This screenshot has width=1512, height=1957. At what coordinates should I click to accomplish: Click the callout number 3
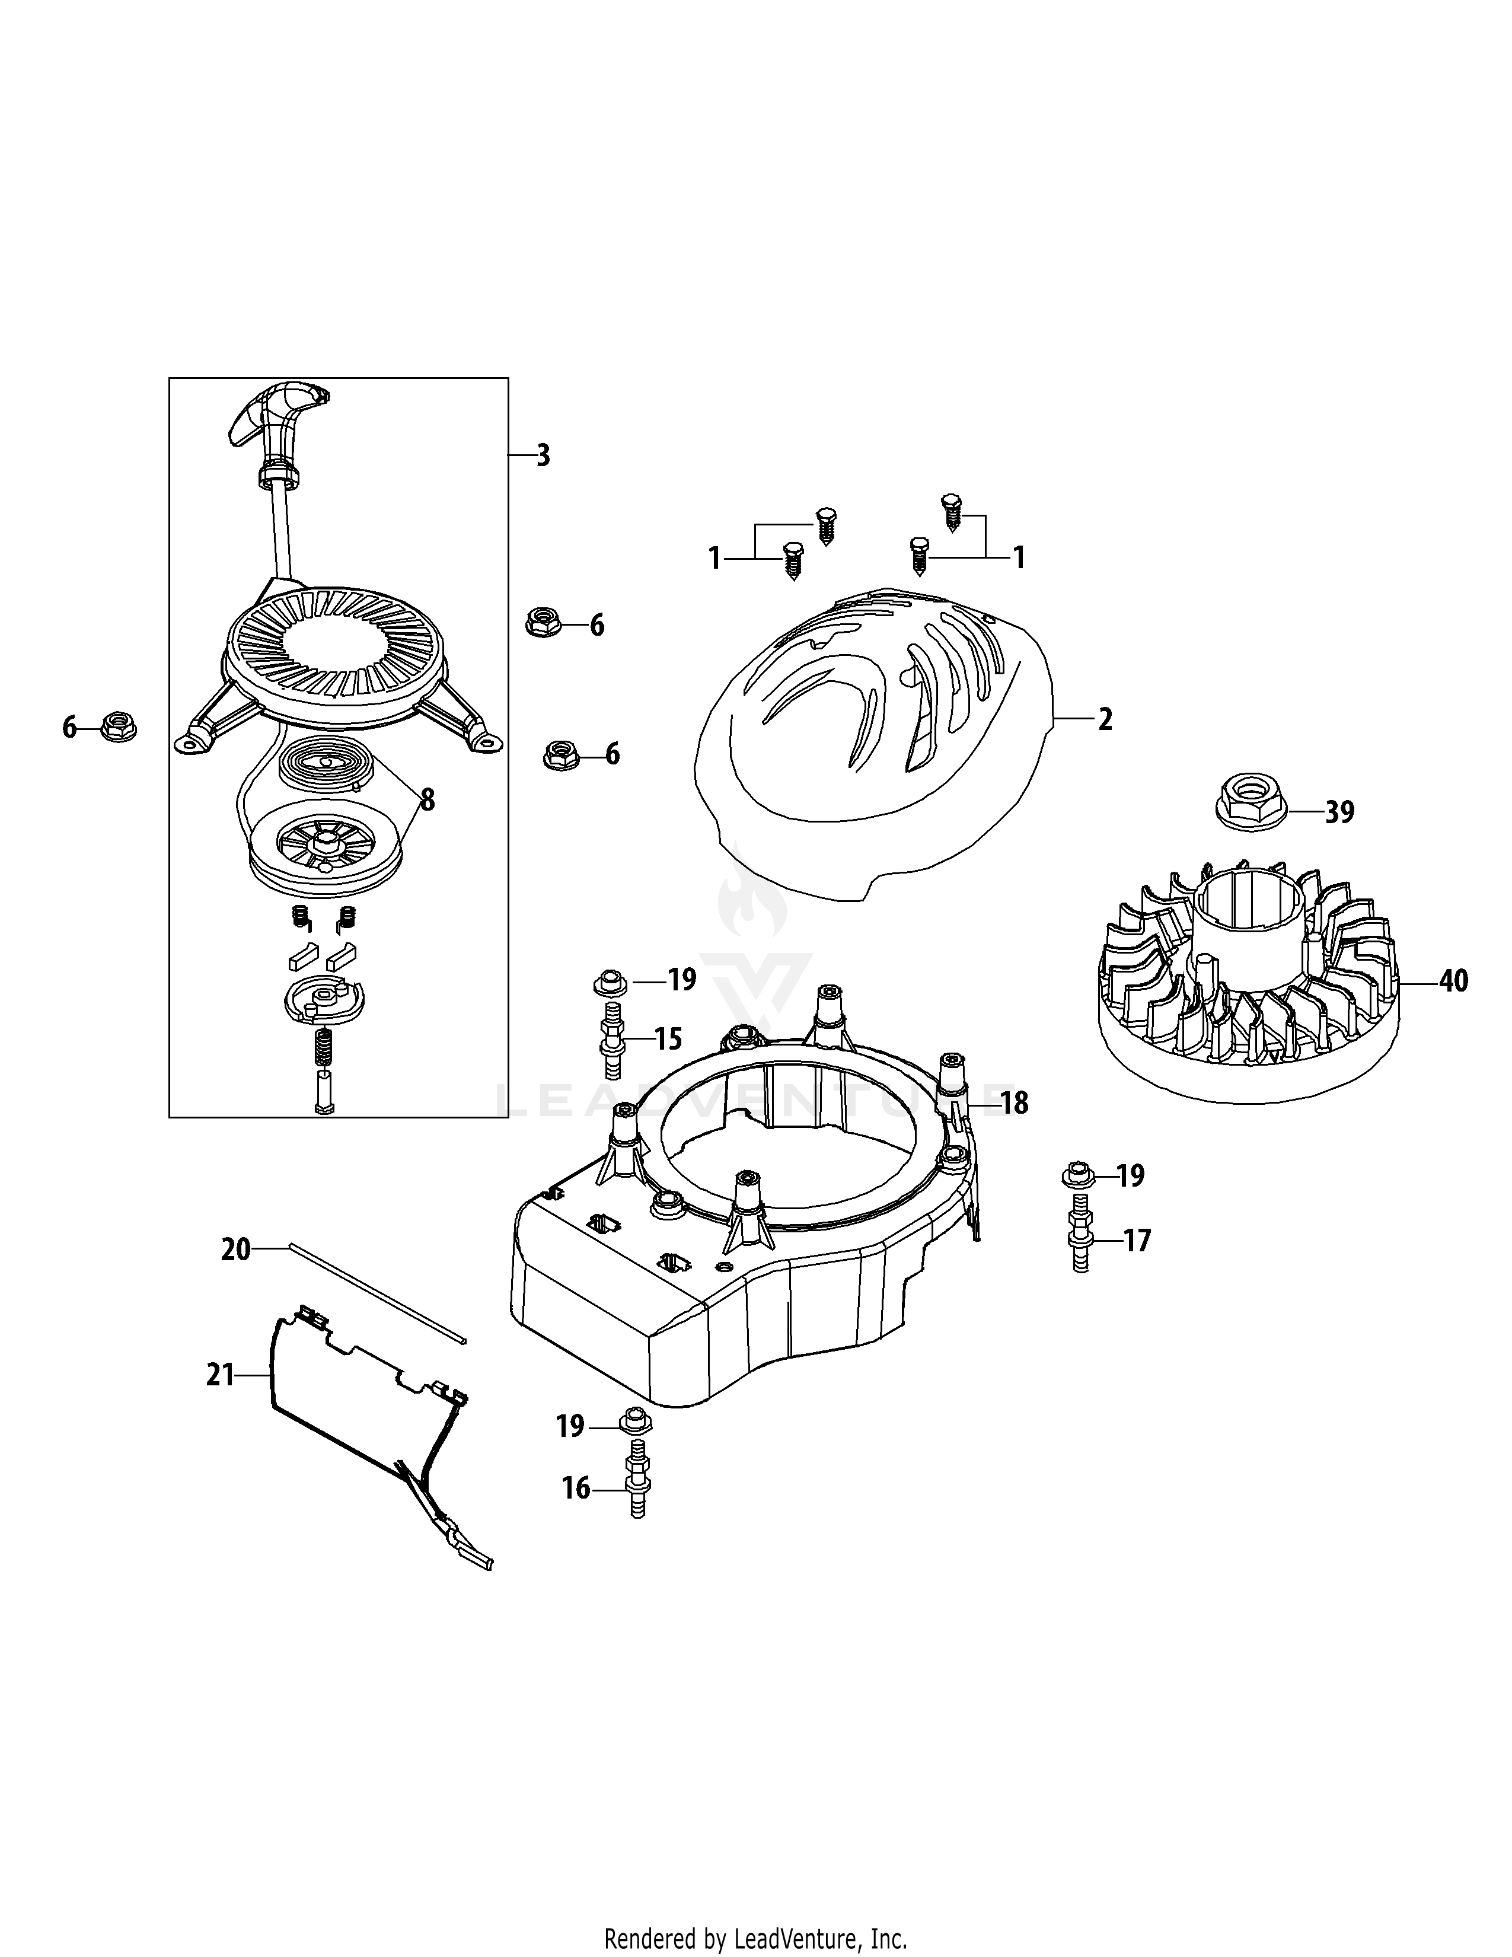coord(543,455)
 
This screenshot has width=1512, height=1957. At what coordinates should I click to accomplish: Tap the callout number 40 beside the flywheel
coord(1453,981)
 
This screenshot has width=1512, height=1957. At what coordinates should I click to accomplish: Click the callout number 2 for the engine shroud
coord(1105,719)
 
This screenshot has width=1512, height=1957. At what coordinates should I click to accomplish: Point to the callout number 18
coord(1014,1103)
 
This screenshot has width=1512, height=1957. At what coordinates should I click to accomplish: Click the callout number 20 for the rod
coord(235,1249)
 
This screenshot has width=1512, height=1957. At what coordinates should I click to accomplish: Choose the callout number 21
coord(221,1375)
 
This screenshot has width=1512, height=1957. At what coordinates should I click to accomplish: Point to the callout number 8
coord(428,800)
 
